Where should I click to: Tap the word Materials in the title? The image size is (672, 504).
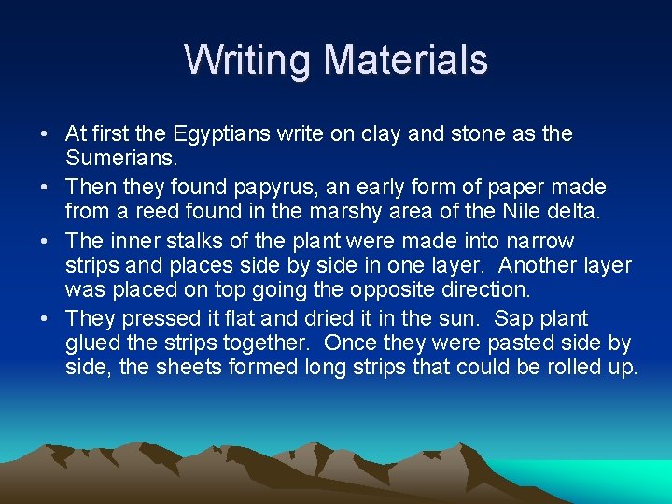point(406,61)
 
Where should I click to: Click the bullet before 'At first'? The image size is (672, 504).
point(45,134)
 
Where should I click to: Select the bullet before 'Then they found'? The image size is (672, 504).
point(45,188)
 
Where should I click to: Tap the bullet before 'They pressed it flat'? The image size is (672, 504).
point(45,319)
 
